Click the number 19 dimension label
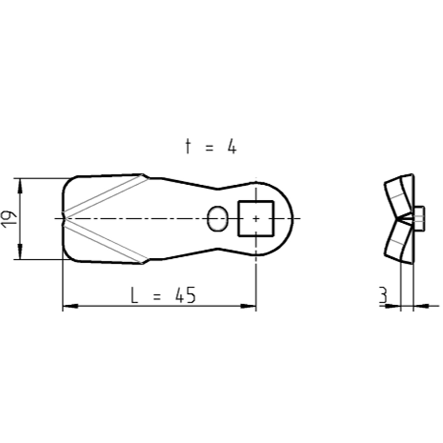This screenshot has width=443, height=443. tap(8, 218)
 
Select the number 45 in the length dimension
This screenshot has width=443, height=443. tap(185, 295)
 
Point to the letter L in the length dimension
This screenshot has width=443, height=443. tap(134, 295)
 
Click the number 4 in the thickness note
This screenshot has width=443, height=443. tap(232, 147)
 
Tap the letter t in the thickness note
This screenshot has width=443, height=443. tap(187, 147)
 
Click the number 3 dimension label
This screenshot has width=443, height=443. tap(383, 295)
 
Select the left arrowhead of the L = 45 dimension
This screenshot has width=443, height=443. tap(70, 306)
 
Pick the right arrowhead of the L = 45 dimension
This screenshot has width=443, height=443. tap(248, 306)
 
